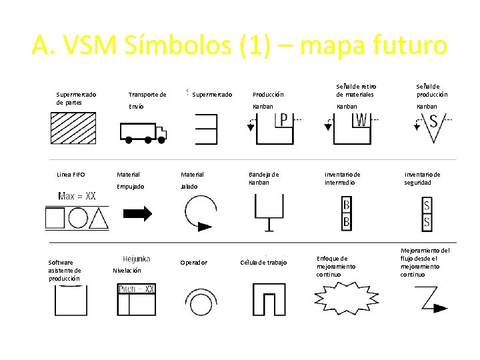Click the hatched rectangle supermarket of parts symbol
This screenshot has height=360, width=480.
pyautogui.click(x=73, y=128)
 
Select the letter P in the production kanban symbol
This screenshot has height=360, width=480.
pyautogui.click(x=283, y=120)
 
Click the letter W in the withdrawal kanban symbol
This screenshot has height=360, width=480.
pyautogui.click(x=361, y=120)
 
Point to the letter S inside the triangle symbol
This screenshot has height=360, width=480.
pyautogui.click(x=433, y=122)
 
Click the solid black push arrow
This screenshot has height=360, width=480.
pyautogui.click(x=138, y=214)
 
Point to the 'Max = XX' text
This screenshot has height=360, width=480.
pyautogui.click(x=77, y=196)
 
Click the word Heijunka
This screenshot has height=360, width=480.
pyautogui.click(x=137, y=259)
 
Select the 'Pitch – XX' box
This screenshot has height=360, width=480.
pyautogui.click(x=137, y=289)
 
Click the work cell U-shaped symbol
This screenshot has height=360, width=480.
pyautogui.click(x=269, y=299)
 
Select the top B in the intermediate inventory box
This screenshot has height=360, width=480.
pyautogui.click(x=347, y=204)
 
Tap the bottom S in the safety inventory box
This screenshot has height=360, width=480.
pyautogui.click(x=427, y=220)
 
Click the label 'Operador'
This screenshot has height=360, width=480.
pyautogui.click(x=193, y=263)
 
